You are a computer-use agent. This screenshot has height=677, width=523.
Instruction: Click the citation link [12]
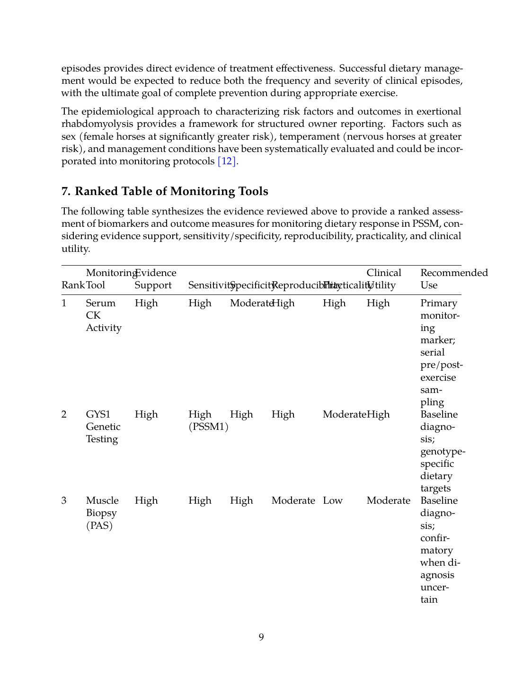pyautogui.click(x=227, y=161)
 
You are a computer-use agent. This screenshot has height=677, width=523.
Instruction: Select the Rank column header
pyautogui.click(x=72, y=285)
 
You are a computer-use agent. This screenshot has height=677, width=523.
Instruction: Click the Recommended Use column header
pyautogui.click(x=453, y=279)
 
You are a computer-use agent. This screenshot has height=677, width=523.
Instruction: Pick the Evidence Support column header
pyautogui.click(x=155, y=279)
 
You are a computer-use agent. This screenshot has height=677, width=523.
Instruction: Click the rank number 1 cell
pyautogui.click(x=64, y=303)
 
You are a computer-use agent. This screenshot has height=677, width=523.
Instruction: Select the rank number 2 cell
pyautogui.click(x=64, y=414)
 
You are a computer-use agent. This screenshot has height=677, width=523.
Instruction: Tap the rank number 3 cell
pyautogui.click(x=64, y=500)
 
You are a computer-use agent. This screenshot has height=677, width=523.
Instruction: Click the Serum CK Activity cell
pyautogui.click(x=103, y=315)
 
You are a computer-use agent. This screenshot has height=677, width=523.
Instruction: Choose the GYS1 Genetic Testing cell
pyautogui.click(x=103, y=427)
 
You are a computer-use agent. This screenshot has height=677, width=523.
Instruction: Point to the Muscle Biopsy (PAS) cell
pyautogui.click(x=102, y=513)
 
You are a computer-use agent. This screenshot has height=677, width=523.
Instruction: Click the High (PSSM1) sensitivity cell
pyautogui.click(x=208, y=420)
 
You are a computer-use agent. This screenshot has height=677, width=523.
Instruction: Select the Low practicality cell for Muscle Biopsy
pyautogui.click(x=332, y=500)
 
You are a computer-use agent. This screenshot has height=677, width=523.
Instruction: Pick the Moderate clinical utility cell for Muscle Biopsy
pyautogui.click(x=388, y=500)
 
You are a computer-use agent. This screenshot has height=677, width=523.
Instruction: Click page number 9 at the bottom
pyautogui.click(x=261, y=637)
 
